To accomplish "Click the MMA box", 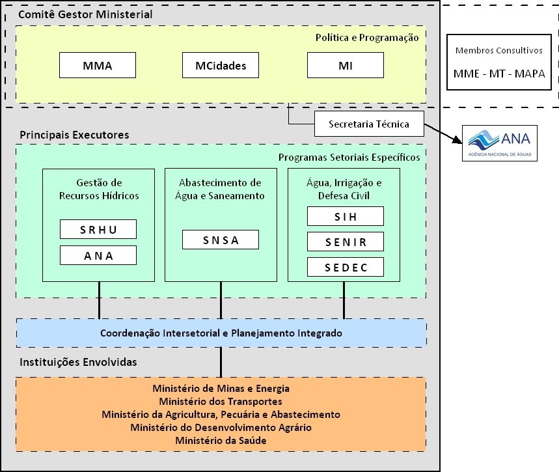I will pyautogui.click(x=98, y=65).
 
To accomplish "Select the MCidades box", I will pyautogui.click(x=221, y=65).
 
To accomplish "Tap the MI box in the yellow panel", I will pyautogui.click(x=345, y=65).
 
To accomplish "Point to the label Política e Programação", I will pyautogui.click(x=367, y=38).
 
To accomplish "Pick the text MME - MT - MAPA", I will pyautogui.click(x=499, y=74).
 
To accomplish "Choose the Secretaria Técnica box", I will pyautogui.click(x=369, y=124).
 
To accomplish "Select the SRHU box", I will pyautogui.click(x=98, y=229).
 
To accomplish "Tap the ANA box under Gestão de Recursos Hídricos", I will pyautogui.click(x=98, y=255).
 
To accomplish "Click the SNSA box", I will pyautogui.click(x=221, y=240).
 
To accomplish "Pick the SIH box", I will pyautogui.click(x=345, y=216).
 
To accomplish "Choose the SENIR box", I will pyautogui.click(x=345, y=242).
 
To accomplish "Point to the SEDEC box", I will pyautogui.click(x=345, y=268).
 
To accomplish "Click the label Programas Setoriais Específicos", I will pyautogui.click(x=349, y=157).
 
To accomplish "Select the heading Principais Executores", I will pyautogui.click(x=74, y=135).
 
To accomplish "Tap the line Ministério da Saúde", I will pyautogui.click(x=221, y=441).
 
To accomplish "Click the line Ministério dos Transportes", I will pyautogui.click(x=221, y=402).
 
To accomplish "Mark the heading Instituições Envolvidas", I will pyautogui.click(x=78, y=362).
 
